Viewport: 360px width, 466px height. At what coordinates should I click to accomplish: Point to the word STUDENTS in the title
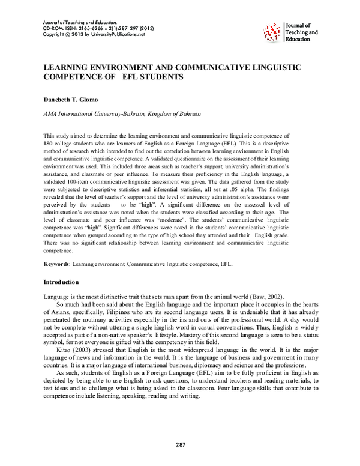point(160,78)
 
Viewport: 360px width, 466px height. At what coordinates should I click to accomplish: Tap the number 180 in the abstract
point(50,145)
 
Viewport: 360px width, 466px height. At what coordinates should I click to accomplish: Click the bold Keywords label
point(59,263)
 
